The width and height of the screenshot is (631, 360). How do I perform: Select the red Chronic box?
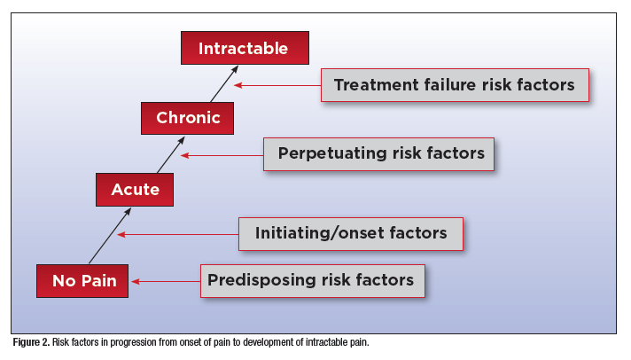coord(188,118)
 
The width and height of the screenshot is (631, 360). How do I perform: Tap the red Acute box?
coord(135,189)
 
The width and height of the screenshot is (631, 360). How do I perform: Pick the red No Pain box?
coord(82,281)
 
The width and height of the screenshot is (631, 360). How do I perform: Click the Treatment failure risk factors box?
coord(455,86)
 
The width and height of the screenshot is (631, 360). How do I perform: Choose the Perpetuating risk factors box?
coord(380,153)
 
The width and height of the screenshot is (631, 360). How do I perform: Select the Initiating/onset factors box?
coord(350,234)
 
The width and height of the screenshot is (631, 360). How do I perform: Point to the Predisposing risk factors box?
coord(310,281)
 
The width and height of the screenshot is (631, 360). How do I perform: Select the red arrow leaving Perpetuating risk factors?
coord(222,155)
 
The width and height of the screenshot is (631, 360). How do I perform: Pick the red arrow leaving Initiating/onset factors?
coord(178,235)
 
